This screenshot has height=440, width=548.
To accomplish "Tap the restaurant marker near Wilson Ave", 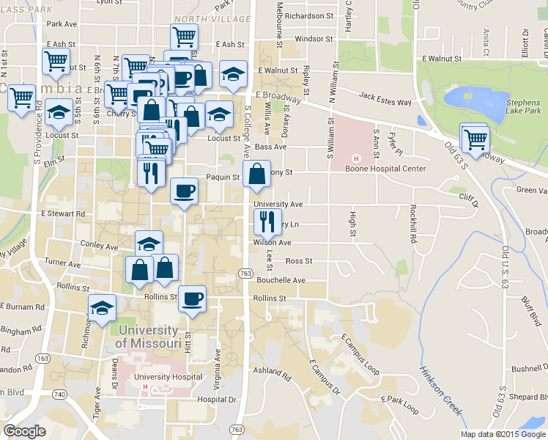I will (267, 219).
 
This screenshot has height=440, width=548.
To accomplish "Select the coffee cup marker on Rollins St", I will (193, 299).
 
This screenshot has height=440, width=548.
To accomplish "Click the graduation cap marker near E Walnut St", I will (233, 74).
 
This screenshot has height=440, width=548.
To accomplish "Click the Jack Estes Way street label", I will (385, 95).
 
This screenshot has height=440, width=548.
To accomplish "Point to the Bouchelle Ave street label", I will (281, 280).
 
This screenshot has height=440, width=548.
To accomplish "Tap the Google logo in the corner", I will (24, 430).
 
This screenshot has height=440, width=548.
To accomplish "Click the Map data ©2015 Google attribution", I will (503, 433).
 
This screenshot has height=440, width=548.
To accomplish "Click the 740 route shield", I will (58, 394).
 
